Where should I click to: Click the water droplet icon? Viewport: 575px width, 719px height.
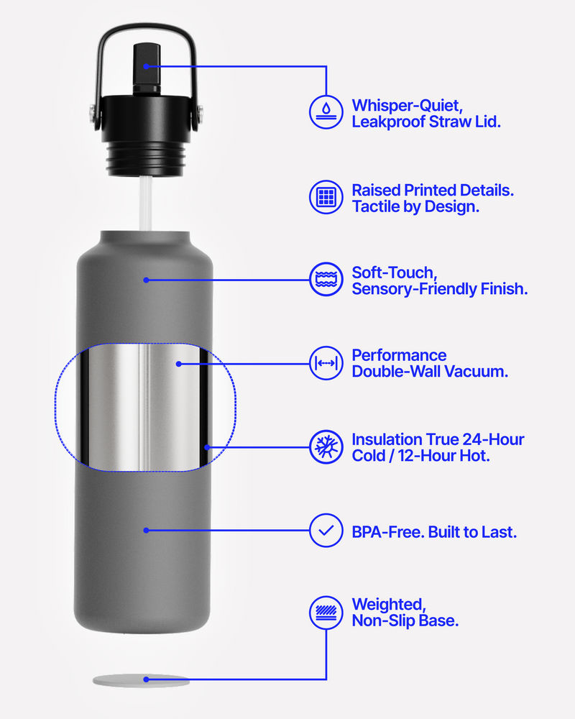tap(326, 112)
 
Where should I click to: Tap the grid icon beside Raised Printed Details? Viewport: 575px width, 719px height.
tap(326, 197)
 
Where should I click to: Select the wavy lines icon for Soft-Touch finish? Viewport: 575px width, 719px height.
tap(326, 279)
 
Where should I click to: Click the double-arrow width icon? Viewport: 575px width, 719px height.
tap(326, 363)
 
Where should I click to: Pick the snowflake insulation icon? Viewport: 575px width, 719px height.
tap(326, 447)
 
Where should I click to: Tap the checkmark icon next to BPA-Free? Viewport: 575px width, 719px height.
tap(326, 531)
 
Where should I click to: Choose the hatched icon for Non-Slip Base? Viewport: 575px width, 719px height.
tap(326, 613)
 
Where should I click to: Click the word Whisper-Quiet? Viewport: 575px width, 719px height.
tap(408, 106)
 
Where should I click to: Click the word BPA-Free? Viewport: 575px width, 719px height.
tap(387, 532)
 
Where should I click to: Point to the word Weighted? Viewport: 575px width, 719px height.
tap(389, 605)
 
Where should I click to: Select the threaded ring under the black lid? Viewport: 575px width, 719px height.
tap(146, 158)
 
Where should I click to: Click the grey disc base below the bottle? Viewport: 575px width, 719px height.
tap(141, 680)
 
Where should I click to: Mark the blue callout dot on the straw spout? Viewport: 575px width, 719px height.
tap(146, 66)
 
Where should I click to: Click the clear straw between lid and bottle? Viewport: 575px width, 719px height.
tap(146, 203)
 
